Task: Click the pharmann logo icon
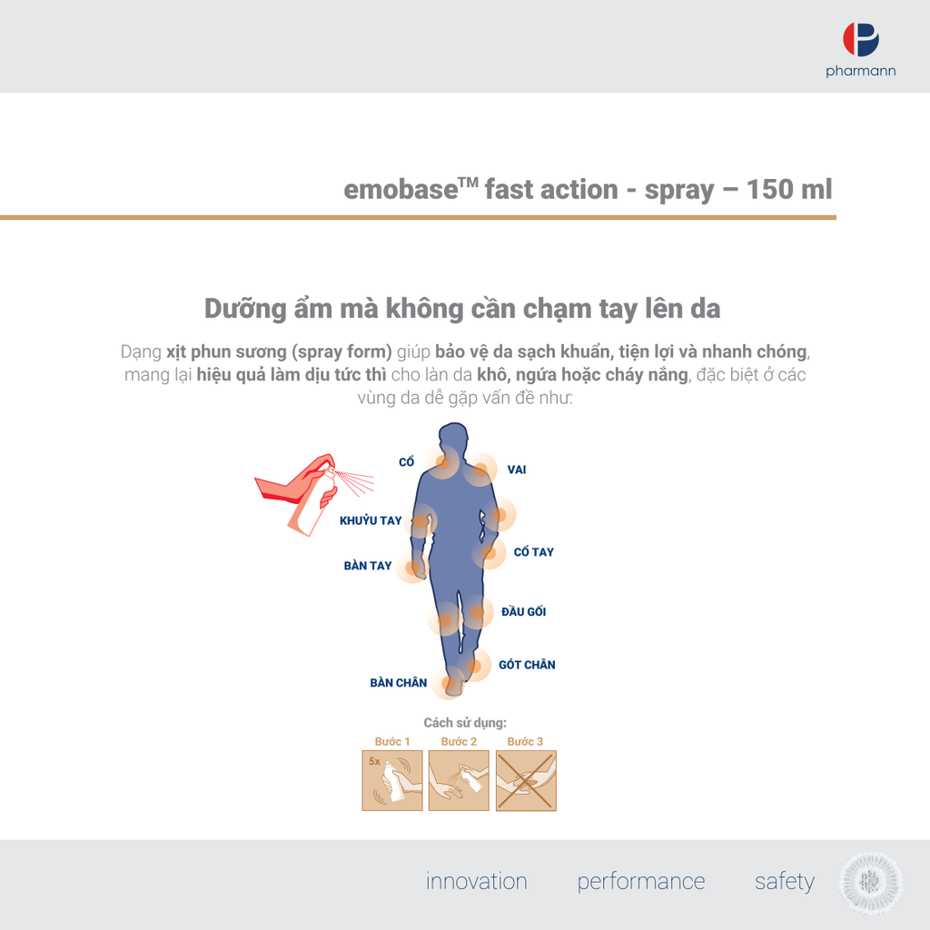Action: click(861, 40)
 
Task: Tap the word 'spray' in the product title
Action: click(679, 191)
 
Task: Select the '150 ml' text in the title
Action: click(789, 189)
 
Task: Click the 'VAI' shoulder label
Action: click(517, 470)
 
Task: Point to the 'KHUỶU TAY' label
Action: click(371, 520)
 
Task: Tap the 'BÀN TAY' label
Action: click(368, 566)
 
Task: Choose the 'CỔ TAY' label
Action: click(534, 551)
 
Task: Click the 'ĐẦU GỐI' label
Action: click(524, 611)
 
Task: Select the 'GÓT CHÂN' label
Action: click(528, 665)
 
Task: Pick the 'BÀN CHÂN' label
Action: click(399, 683)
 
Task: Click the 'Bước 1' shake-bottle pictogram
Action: click(392, 780)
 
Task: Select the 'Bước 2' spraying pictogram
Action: click(459, 780)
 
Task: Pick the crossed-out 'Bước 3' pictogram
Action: click(526, 780)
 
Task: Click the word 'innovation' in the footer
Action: click(476, 881)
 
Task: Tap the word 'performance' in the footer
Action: click(641, 882)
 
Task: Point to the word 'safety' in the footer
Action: click(784, 882)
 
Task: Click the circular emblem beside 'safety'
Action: click(871, 883)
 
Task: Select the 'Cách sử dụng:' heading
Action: click(465, 722)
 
